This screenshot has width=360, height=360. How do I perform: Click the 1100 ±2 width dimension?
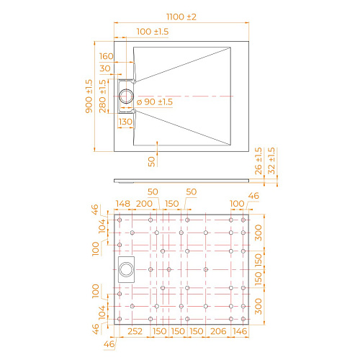[181, 15]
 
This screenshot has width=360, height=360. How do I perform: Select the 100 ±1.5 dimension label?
[152, 32]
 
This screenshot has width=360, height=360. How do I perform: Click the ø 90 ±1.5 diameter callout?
[155, 102]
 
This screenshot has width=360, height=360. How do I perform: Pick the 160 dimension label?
[107, 55]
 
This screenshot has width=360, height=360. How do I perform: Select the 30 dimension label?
[107, 68]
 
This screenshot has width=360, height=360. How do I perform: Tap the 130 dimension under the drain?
[125, 122]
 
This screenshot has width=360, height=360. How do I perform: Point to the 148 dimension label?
[122, 204]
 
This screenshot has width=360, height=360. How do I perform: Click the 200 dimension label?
[145, 204]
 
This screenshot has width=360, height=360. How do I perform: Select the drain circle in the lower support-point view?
[126, 269]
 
